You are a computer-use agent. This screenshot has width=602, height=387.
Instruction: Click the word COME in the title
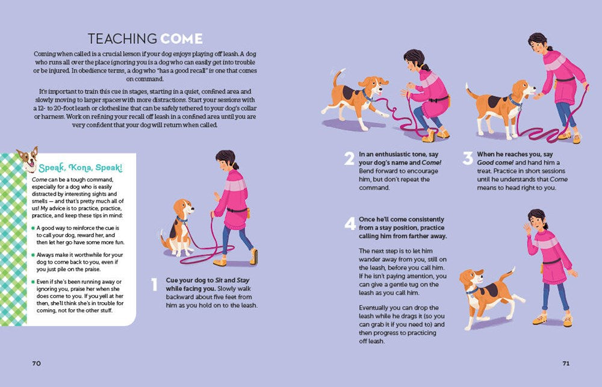(181, 39)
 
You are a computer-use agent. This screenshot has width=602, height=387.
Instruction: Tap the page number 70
(36, 364)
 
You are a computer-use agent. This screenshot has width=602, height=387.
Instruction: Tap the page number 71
(565, 364)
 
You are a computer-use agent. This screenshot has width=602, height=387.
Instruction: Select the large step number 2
(349, 158)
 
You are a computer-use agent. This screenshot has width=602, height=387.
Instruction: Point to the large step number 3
(468, 158)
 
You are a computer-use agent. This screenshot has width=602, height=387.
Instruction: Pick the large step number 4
(350, 224)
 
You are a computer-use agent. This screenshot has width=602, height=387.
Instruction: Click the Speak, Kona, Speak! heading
(80, 167)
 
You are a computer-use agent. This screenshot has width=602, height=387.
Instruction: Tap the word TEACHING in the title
(122, 39)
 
